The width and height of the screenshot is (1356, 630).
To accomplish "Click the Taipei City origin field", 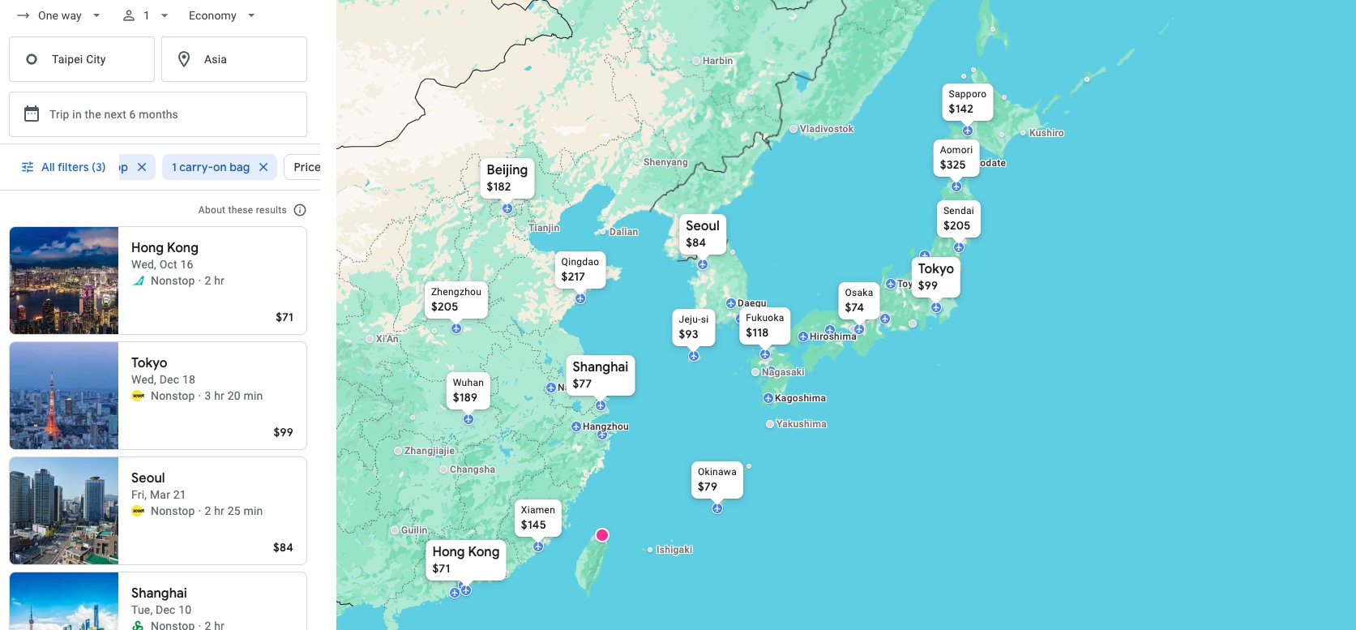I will coord(81,59).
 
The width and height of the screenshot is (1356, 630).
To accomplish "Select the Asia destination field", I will coord(233,59).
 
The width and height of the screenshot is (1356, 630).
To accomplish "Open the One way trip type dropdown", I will coord(59,15).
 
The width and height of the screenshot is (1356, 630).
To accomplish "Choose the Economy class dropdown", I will coord(221,15).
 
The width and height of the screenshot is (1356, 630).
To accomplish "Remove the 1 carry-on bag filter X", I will coord(263,167).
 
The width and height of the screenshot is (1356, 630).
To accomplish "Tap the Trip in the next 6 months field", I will coord(158,114).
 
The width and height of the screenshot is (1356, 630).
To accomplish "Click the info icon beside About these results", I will coord(300,210).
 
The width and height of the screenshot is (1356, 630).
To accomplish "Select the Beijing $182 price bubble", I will coord(507,178).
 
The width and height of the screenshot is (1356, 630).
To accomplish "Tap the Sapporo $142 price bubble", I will coord(967,101).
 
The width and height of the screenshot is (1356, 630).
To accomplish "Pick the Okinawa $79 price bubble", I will coord(716,479).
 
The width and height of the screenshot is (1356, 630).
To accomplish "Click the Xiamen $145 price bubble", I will coord(537,517).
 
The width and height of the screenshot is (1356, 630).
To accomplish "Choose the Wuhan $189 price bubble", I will coord(468,390).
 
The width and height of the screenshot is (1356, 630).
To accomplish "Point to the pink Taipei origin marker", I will coord(602,535).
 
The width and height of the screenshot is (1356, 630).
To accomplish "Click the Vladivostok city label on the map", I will coord(826,129).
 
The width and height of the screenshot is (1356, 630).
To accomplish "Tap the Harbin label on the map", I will coord(717,61).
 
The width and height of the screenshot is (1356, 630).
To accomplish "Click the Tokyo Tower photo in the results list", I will coord(64,396).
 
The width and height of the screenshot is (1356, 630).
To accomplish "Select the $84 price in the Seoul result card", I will coord(283,547).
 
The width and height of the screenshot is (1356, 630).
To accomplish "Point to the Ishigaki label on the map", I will coord(674,550).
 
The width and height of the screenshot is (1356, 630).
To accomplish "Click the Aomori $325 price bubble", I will coord(956,157).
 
